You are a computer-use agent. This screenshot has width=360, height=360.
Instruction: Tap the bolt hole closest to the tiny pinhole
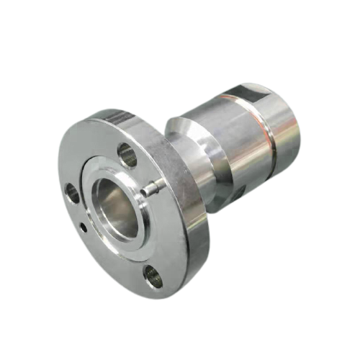73,192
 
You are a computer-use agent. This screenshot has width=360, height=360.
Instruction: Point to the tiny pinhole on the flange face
86,228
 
